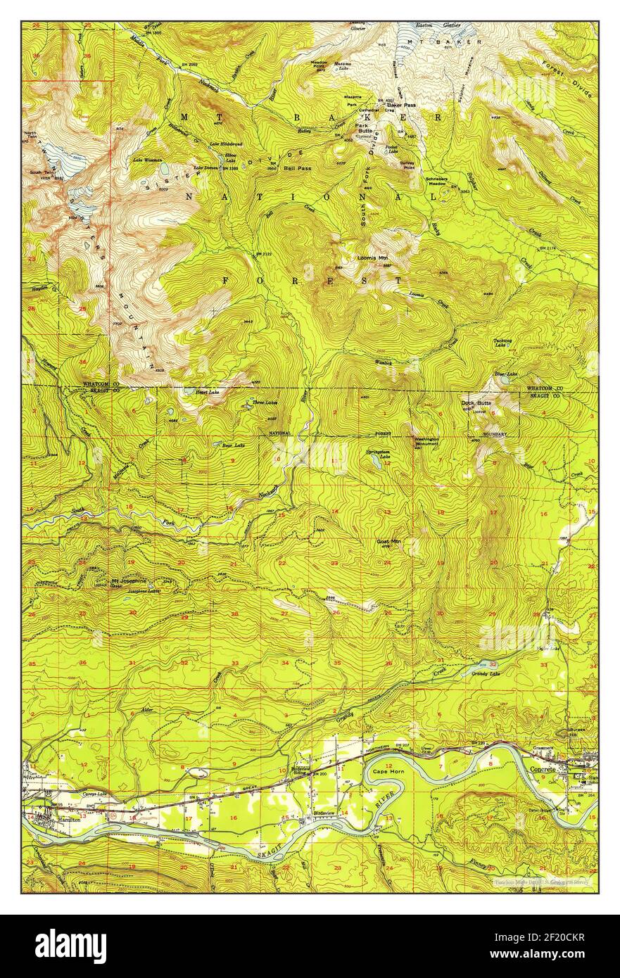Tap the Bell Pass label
click(298, 169)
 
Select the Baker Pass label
click(400, 105)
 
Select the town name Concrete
click(542, 770)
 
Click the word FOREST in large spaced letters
click(312, 281)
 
